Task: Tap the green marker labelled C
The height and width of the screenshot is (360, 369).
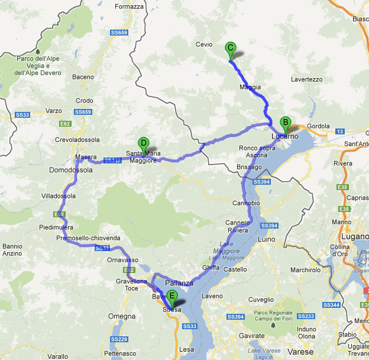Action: click(231, 49)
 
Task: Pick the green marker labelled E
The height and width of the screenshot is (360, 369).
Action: click(172, 296)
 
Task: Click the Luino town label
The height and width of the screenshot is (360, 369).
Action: click(267, 239)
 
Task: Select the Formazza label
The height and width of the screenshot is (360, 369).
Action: click(130, 7)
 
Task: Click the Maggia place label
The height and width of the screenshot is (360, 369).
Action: click(250, 87)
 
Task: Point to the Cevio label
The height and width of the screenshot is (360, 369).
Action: click(204, 44)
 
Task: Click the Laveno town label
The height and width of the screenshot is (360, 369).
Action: click(212, 295)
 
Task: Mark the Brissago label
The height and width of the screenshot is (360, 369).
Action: click(249, 167)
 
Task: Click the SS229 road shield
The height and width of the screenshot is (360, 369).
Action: click(119, 339)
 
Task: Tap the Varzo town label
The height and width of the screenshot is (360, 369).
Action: click(54, 110)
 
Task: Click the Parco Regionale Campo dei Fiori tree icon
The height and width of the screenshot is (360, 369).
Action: click(274, 324)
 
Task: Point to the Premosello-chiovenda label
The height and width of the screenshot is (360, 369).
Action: click(88, 238)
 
